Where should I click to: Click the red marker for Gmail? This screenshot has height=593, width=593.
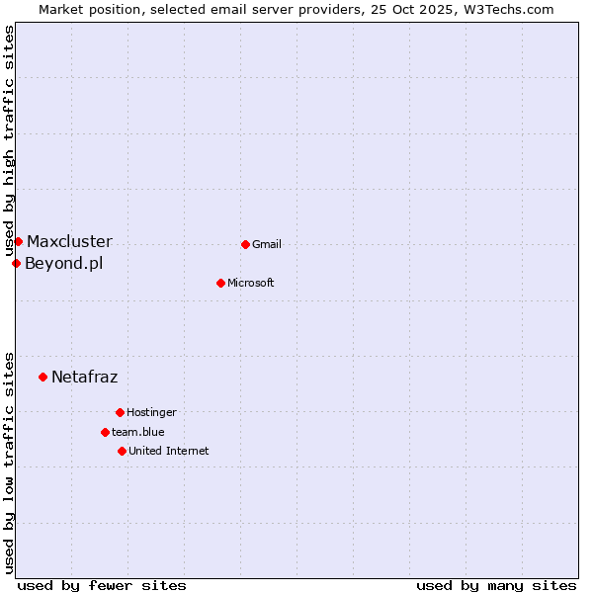pyautogui.click(x=245, y=244)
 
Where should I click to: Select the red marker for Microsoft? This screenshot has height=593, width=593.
pyautogui.click(x=220, y=283)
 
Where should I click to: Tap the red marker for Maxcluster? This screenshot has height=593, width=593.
pyautogui.click(x=18, y=241)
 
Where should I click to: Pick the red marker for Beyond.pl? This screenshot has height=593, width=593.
pyautogui.click(x=16, y=263)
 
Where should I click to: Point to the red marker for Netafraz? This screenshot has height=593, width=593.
pyautogui.click(x=42, y=377)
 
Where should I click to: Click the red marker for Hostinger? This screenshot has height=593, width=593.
pyautogui.click(x=120, y=412)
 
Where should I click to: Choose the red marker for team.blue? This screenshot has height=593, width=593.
pyautogui.click(x=105, y=432)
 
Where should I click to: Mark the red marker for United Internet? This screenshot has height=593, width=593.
pyautogui.click(x=122, y=451)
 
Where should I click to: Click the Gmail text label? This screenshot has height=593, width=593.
pyautogui.click(x=267, y=244)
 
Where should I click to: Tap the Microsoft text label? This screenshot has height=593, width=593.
pyautogui.click(x=251, y=283)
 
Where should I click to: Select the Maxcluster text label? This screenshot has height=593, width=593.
pyautogui.click(x=69, y=241)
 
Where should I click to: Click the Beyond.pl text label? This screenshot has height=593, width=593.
pyautogui.click(x=63, y=263)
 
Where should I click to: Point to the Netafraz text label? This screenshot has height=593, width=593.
pyautogui.click(x=84, y=377)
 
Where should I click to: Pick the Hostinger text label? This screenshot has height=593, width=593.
pyautogui.click(x=151, y=412)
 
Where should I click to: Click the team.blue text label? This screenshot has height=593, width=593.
pyautogui.click(x=138, y=432)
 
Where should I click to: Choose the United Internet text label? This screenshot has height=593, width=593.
pyautogui.click(x=169, y=451)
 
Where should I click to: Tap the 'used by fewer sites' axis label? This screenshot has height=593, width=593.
pyautogui.click(x=102, y=585)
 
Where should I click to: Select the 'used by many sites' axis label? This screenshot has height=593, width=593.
pyautogui.click(x=496, y=585)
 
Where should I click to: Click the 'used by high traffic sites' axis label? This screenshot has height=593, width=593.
pyautogui.click(x=10, y=140)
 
